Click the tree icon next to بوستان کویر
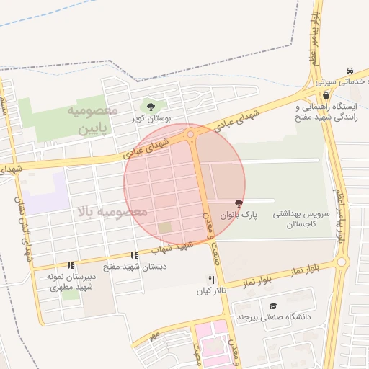click(151, 107)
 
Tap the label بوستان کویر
click(150, 117)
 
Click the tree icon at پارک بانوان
click(239, 204)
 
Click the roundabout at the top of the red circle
click(191, 134)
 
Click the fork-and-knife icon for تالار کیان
click(211, 279)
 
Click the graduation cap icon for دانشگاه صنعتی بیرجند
click(272, 306)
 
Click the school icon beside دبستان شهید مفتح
click(134, 255)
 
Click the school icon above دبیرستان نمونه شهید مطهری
click(71, 265)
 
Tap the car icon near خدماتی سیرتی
click(349, 71)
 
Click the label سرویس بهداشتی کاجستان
click(301, 220)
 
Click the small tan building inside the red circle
click(165, 228)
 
